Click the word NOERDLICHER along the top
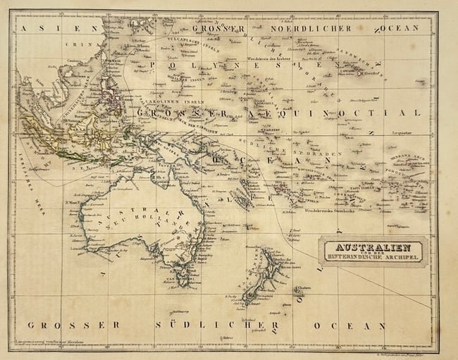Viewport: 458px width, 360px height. coord(309,28)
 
